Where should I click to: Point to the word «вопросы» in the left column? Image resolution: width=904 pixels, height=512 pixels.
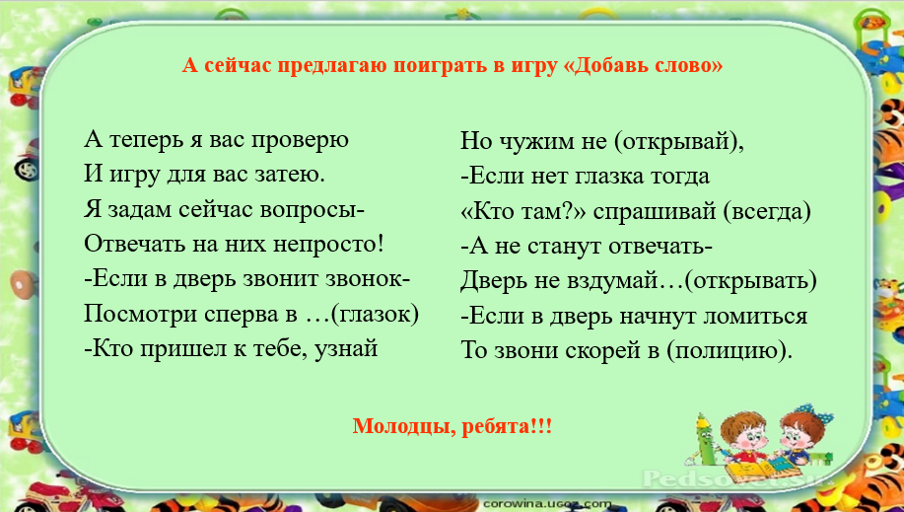tap(312, 210)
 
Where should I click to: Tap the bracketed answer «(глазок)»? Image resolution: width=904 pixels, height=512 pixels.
tap(375, 314)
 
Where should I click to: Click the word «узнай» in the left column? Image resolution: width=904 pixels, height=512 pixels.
tap(346, 349)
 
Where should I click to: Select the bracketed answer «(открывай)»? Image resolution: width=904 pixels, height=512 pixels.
tap(678, 141)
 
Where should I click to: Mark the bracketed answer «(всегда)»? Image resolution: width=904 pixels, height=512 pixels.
tap(767, 212)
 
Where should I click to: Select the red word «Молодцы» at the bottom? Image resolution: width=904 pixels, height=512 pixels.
tap(398, 427)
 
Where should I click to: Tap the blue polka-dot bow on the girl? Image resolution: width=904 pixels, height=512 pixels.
tap(816, 414)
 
